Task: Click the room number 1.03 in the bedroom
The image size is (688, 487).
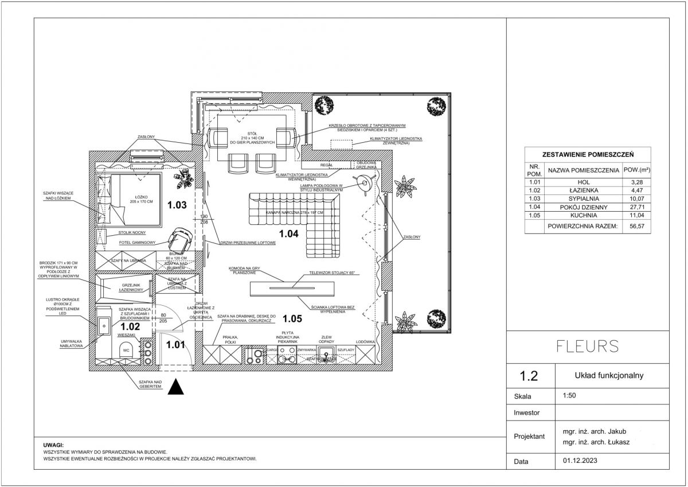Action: pyautogui.click(x=177, y=204)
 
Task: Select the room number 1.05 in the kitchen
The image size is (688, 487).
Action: pyautogui.click(x=292, y=318)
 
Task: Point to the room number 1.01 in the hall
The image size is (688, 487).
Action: pyautogui.click(x=175, y=345)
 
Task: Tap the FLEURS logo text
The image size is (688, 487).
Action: pyautogui.click(x=588, y=346)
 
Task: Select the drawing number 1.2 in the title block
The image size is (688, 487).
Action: pyautogui.click(x=528, y=376)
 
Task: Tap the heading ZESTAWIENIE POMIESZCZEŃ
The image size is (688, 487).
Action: pyautogui.click(x=587, y=155)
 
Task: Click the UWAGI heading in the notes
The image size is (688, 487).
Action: pyautogui.click(x=54, y=445)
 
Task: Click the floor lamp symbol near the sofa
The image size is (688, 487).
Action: pyautogui.click(x=363, y=184)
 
